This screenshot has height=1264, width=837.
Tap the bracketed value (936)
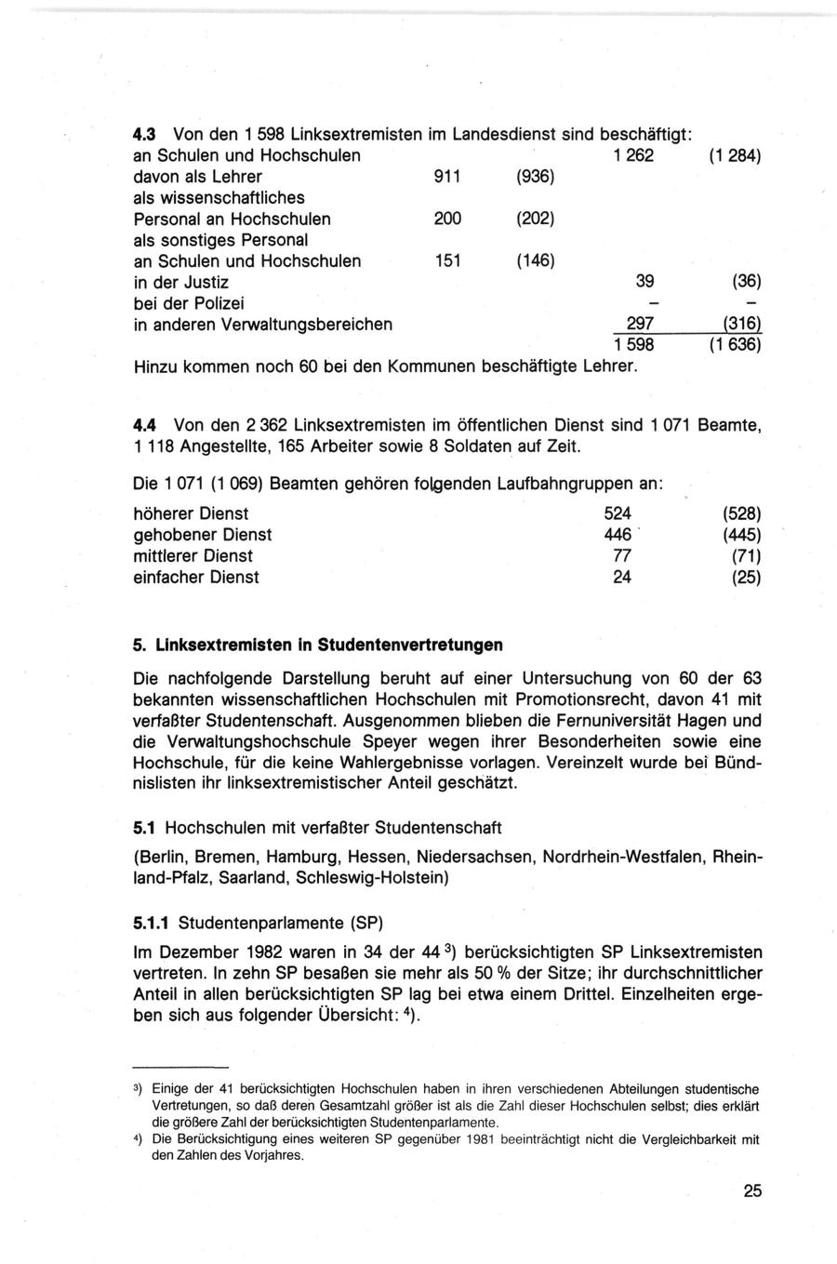(x=535, y=177)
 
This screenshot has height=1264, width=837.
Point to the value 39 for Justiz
(x=644, y=282)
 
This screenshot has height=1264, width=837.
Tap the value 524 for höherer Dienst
(x=618, y=513)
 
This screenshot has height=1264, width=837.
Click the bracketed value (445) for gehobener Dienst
(x=741, y=535)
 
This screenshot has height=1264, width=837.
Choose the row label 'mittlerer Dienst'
(x=193, y=556)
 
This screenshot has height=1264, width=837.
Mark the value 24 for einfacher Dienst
(x=622, y=578)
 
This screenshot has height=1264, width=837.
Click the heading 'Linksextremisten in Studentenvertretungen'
(x=329, y=645)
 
